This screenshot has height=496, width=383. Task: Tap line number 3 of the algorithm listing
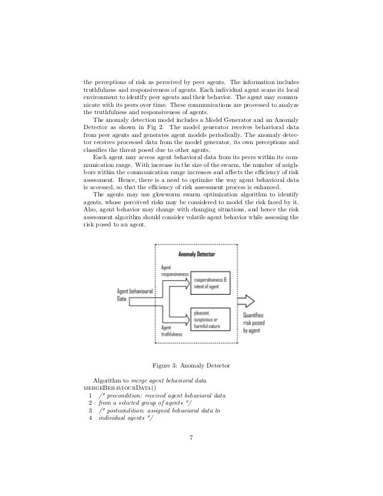90,411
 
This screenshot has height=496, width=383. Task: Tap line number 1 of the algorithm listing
90,395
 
